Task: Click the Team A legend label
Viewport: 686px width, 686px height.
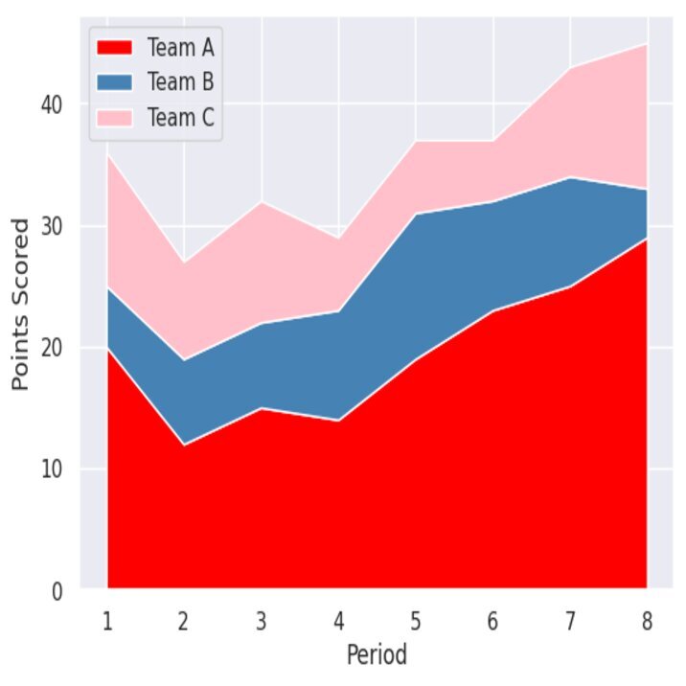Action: [x=180, y=46]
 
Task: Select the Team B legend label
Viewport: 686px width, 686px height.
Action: [x=180, y=81]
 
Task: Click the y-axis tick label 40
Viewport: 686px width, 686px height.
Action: [x=52, y=104]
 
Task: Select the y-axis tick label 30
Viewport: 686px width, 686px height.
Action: [x=52, y=226]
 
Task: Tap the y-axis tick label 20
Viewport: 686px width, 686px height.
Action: [x=52, y=348]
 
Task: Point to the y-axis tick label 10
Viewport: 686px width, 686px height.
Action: [x=52, y=469]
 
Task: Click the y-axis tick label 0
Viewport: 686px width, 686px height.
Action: [x=57, y=591]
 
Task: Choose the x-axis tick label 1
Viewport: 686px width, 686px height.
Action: [x=107, y=622]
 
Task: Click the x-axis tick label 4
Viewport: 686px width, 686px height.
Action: [x=338, y=622]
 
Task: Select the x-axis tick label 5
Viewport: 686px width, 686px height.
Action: [x=416, y=622]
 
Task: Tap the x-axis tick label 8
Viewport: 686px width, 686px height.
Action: [x=647, y=622]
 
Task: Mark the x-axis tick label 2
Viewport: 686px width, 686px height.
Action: [x=184, y=622]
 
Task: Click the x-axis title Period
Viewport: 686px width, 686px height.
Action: [x=377, y=655]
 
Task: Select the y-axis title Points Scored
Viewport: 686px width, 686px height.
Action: [x=21, y=303]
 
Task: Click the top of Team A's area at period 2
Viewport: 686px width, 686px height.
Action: [x=184, y=445]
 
